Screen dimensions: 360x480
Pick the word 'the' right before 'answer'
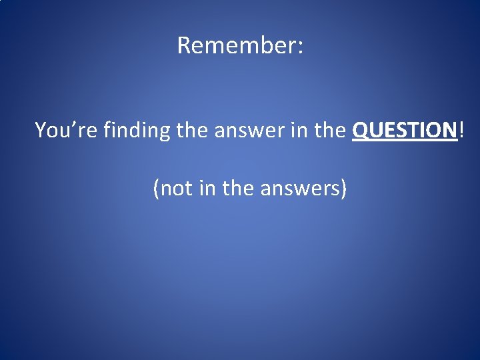[x=193, y=130]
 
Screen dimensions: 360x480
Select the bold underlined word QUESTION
[x=405, y=130]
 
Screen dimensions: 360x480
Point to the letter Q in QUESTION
[x=359, y=130]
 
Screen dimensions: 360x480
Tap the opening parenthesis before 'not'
[x=156, y=189]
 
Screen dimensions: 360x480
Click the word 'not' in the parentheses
[x=176, y=189]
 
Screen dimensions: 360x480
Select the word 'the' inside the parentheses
[x=236, y=189]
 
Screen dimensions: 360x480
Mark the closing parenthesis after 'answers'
[x=343, y=189]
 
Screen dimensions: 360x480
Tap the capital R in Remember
[x=184, y=45]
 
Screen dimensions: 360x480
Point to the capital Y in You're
[x=40, y=130]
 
